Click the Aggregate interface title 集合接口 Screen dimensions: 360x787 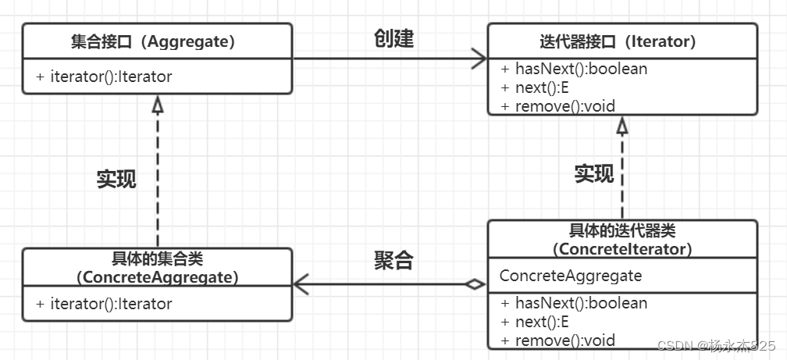coord(157,41)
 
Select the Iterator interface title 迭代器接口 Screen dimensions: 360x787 coord(622,41)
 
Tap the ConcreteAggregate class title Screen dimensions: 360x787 coord(157,267)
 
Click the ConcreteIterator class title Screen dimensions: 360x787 coord(622,239)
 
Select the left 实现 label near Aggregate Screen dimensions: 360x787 coord(116,179)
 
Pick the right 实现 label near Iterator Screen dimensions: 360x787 coord(594,173)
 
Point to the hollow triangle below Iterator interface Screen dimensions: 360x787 coord(622,125)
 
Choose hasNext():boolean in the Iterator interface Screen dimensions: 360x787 coord(574,69)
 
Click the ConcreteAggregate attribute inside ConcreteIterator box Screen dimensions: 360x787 coord(571,276)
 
